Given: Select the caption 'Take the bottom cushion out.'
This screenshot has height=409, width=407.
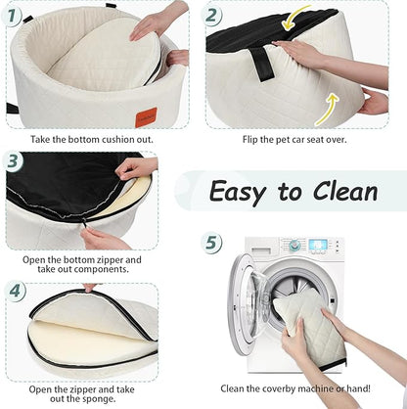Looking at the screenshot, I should point(96,139).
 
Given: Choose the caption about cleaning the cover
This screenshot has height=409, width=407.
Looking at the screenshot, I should point(302,388).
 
